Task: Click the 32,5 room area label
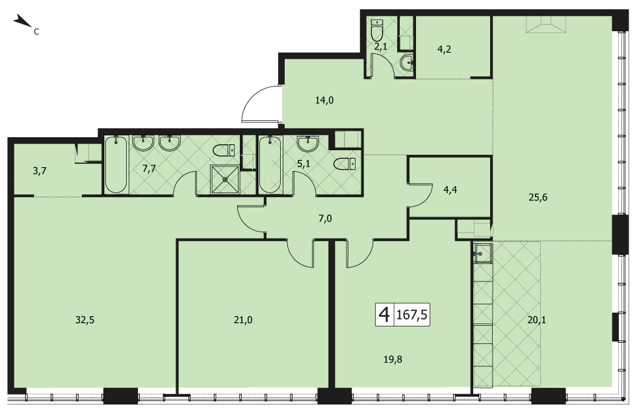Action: coord(85,320)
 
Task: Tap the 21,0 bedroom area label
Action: coord(243,320)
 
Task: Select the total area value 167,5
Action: coord(411,314)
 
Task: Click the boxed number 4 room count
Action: coord(384,314)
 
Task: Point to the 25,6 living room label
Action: coord(538,197)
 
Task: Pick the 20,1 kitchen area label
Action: coord(537,320)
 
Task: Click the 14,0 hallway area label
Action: coord(324,100)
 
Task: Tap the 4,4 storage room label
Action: coord(450,189)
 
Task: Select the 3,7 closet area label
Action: coord(40,171)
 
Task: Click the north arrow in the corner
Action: coord(23,21)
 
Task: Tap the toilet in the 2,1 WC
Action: coord(376,29)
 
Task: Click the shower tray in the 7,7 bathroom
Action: coord(225,179)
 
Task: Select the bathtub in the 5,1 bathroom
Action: coord(269,165)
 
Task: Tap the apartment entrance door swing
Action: coord(260,103)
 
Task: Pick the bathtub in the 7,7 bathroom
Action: coord(116,165)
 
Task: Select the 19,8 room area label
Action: coord(393,360)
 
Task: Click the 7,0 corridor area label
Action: coord(325,219)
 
